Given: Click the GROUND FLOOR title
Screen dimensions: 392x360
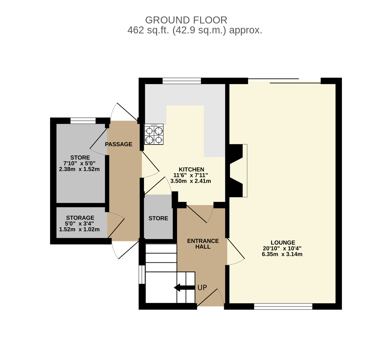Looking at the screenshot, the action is point(186,20).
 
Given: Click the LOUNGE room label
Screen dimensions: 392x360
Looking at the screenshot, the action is point(283,242).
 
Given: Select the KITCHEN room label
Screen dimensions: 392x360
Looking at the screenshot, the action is point(191,169).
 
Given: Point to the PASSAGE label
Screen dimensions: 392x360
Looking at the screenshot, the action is point(119,144).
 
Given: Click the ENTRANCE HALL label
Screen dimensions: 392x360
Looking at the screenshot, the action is point(203,244).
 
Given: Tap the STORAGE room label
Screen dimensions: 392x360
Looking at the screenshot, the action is point(80,218).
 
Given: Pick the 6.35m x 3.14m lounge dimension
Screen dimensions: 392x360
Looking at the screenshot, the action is point(282,255).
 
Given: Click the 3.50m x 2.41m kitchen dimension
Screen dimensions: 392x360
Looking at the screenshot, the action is point(190,181).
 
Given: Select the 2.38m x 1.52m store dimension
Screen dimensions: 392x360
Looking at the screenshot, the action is point(79,169).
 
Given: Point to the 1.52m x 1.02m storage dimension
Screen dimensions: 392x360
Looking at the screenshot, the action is point(79,230).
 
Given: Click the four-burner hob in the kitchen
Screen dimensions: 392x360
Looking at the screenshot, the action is point(154,134).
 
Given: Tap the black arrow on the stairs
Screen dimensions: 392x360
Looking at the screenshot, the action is point(184,288).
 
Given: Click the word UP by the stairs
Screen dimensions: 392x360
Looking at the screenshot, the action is point(202,288).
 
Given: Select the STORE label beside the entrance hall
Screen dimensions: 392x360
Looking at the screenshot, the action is point(158,219).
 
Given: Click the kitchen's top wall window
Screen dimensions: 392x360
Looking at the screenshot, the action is point(182,81).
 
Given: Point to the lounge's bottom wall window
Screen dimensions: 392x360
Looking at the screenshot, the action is point(283,307).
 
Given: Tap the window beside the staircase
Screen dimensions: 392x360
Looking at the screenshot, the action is point(142,275).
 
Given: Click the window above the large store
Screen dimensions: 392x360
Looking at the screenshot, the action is point(83,121).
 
